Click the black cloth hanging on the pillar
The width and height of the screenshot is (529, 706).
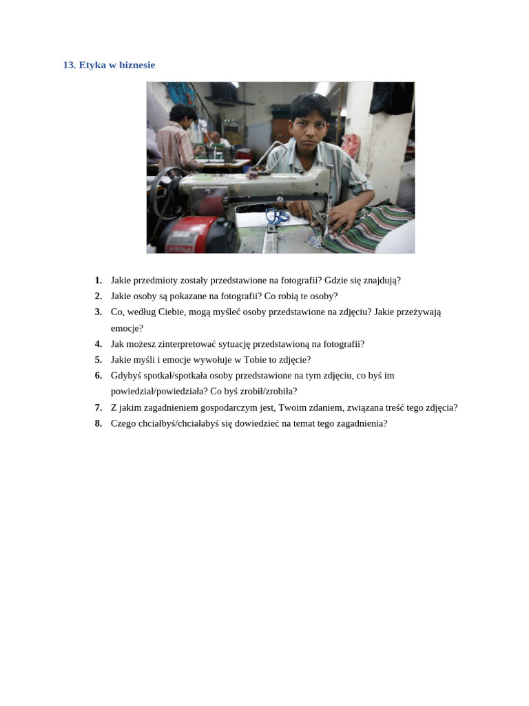(x=391, y=98)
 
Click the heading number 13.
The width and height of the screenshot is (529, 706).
(x=70, y=65)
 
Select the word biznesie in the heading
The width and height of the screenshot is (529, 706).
(x=137, y=65)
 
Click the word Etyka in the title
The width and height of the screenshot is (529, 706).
(x=92, y=65)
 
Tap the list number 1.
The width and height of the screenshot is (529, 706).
(x=98, y=281)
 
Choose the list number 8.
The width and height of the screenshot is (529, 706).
(x=98, y=424)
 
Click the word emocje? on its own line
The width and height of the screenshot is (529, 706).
(x=127, y=329)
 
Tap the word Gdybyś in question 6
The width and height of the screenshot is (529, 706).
(x=126, y=376)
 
